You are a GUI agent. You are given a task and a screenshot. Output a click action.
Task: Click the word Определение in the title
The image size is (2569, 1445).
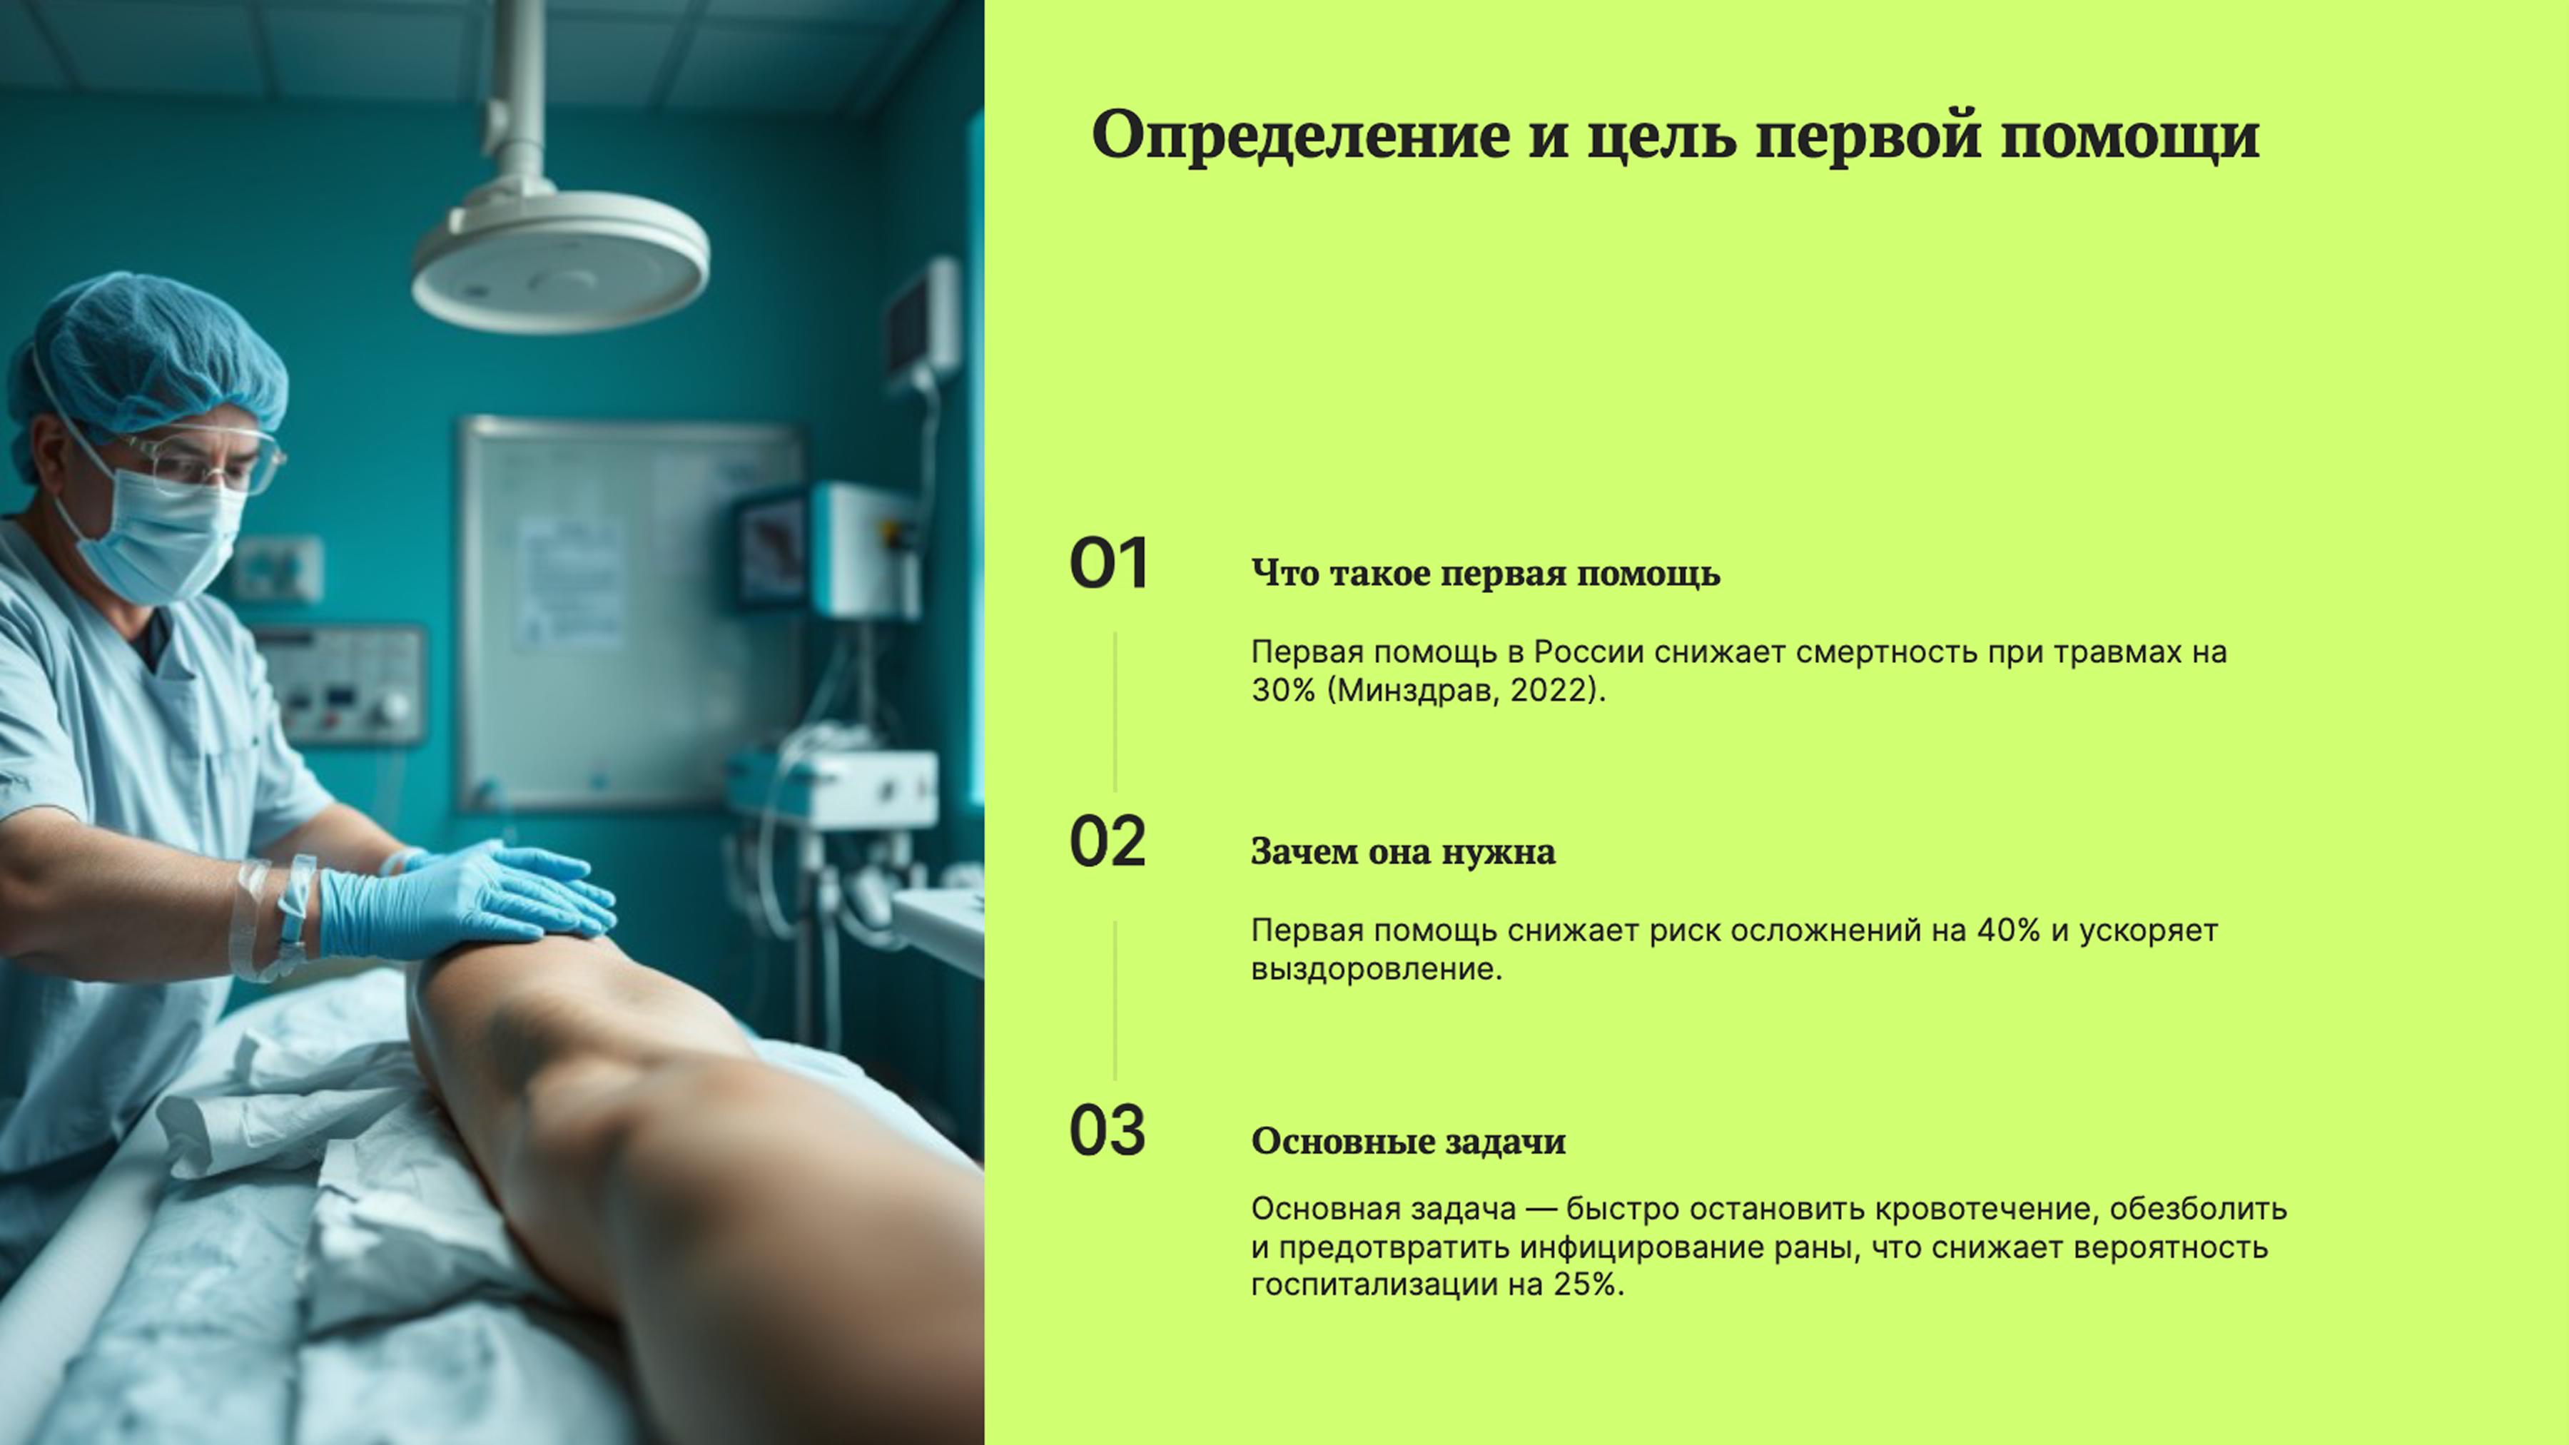click(x=1299, y=136)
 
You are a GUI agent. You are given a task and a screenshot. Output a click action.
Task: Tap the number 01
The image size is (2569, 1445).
click(x=1108, y=564)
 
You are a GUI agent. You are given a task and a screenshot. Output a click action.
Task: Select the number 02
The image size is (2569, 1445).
click(x=1107, y=843)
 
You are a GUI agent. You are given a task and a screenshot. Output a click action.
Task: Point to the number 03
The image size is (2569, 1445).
click(x=1107, y=1131)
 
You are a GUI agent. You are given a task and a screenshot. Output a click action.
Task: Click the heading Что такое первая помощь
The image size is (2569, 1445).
click(x=1485, y=574)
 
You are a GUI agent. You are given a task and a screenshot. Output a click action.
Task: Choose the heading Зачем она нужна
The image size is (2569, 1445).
click(x=1402, y=851)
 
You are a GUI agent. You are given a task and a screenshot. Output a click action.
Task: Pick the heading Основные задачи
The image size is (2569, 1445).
click(x=1408, y=1141)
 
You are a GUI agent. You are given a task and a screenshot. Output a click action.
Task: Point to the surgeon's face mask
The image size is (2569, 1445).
click(x=165, y=539)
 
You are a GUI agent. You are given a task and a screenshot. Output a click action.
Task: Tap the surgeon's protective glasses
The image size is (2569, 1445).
click(x=204, y=459)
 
